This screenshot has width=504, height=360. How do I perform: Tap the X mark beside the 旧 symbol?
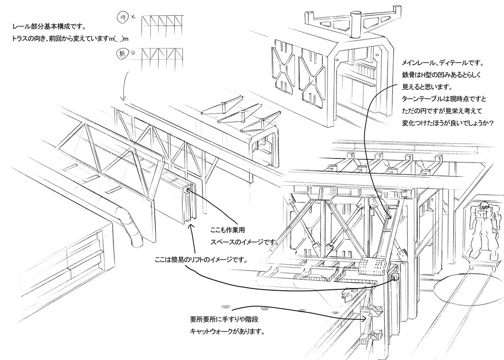[x=133, y=17]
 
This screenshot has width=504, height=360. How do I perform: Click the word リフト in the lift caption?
[x=207, y=259]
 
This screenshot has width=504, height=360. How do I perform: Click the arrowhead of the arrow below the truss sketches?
[x=122, y=99]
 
